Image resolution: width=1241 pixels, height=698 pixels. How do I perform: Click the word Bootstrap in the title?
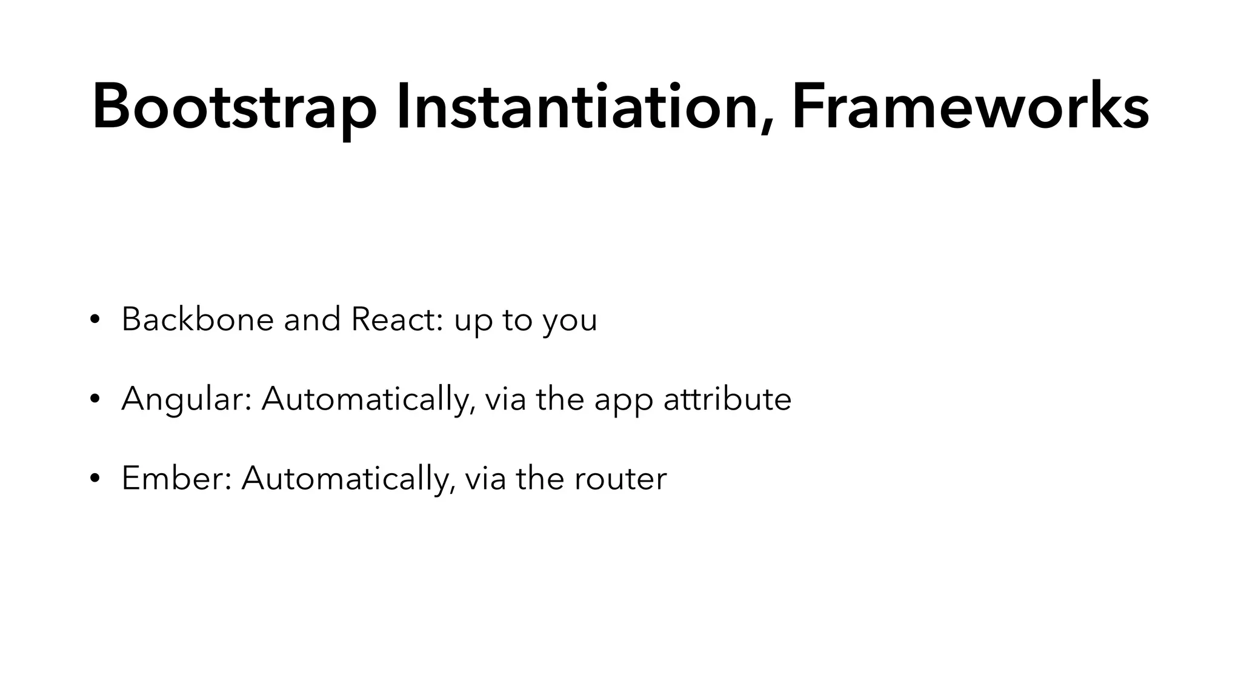[234, 108]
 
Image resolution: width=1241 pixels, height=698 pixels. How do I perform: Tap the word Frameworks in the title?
[970, 108]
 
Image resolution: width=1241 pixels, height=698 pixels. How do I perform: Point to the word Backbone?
[198, 319]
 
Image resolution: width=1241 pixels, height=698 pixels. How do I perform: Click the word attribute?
[727, 400]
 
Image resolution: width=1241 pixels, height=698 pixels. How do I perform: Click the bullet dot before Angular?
[94, 400]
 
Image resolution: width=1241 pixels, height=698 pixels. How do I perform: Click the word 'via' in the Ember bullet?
[485, 479]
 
